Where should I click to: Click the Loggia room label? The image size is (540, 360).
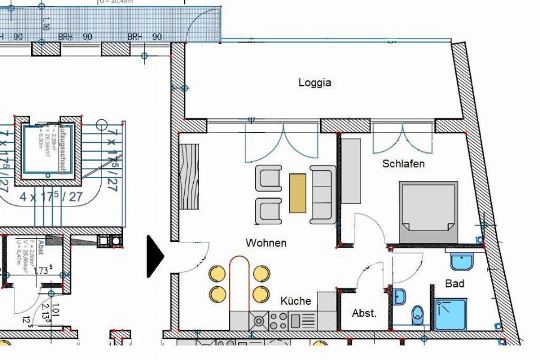point(314,83)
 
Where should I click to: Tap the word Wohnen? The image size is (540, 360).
point(266,243)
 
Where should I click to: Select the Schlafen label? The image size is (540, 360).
point(404,163)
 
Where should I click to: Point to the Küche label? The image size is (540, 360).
point(296,301)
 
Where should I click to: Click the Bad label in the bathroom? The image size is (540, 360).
point(454,283)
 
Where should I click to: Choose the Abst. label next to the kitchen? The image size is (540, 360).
point(364,313)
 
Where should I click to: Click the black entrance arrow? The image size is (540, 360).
point(155,256)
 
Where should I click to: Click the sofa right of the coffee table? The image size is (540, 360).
point(323,194)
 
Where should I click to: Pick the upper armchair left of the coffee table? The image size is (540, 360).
point(269,178)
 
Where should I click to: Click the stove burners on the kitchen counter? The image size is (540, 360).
point(278,320)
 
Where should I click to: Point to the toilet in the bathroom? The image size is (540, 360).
point(418,313)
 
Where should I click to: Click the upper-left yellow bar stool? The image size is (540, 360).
point(217,274)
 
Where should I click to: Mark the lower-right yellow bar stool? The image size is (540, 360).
point(261,294)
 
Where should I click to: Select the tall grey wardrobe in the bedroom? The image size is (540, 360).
point(351,171)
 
